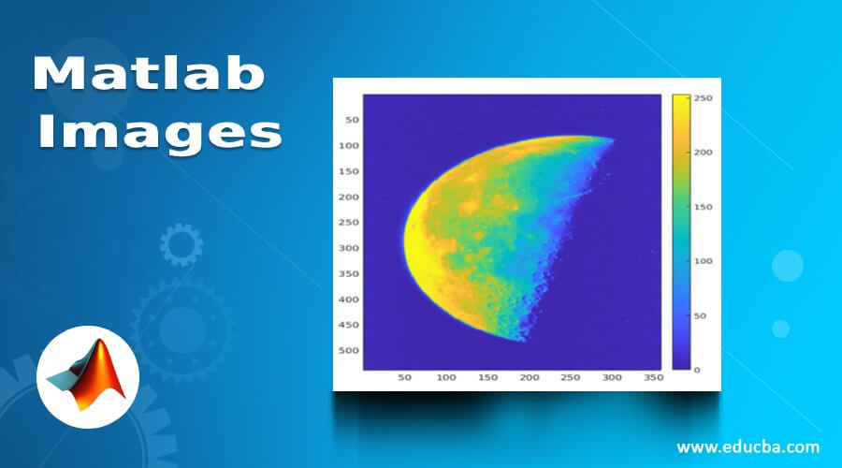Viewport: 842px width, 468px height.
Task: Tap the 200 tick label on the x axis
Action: point(530,377)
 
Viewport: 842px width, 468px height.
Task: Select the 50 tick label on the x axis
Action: point(405,377)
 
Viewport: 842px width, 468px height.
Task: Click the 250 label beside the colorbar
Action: point(704,97)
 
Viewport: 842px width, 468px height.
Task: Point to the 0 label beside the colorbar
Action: point(698,370)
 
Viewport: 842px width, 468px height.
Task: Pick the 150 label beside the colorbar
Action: point(704,205)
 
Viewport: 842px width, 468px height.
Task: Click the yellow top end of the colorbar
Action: point(680,99)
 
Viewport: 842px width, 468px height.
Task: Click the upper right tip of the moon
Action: point(613,140)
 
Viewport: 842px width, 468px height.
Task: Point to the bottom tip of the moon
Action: point(521,339)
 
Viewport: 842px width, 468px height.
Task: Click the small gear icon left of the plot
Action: point(181,245)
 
